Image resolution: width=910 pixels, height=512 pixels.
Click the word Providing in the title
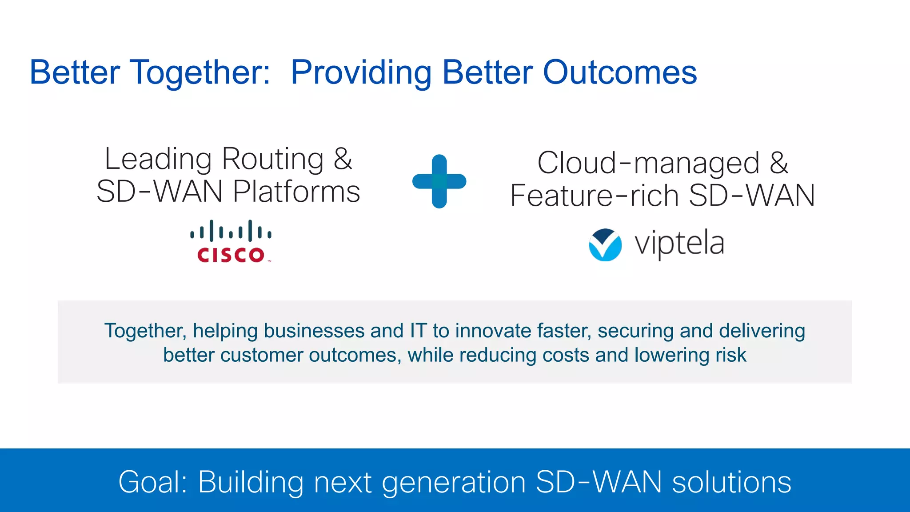pyautogui.click(x=361, y=72)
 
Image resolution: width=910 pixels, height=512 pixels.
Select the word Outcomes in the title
pyautogui.click(x=620, y=72)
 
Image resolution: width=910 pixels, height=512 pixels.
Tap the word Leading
pyautogui.click(x=158, y=159)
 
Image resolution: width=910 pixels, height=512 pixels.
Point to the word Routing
pyautogui.click(x=273, y=159)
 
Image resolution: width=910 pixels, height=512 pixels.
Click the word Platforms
pyautogui.click(x=296, y=192)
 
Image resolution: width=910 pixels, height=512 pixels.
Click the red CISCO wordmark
pyautogui.click(x=231, y=255)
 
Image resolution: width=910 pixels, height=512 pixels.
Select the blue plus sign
pyautogui.click(x=439, y=181)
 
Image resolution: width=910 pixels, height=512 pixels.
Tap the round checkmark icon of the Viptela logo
pyautogui.click(x=605, y=245)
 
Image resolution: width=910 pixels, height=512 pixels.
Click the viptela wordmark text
pyautogui.click(x=679, y=244)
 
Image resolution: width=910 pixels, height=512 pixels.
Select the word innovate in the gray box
pyautogui.click(x=493, y=331)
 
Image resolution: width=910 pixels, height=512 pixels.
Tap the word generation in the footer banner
pyautogui.click(x=454, y=483)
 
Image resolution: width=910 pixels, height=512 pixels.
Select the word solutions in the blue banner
pyautogui.click(x=731, y=482)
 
